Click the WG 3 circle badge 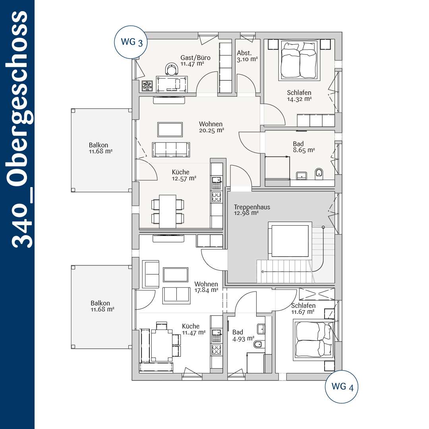[131, 42]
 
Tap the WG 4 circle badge [342, 386]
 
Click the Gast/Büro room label [195, 58]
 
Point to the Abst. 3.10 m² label [247, 56]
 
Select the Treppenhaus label [252, 207]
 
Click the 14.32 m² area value [300, 99]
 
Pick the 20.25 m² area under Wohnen [211, 131]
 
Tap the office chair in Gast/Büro [172, 69]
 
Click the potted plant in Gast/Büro [147, 86]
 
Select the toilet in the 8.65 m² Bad [319, 174]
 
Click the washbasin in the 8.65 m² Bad [301, 176]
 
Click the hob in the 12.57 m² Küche [216, 197]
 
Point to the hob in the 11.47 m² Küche [216, 350]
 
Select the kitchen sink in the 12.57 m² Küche [216, 183]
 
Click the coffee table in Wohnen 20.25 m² [170, 129]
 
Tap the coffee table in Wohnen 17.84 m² [176, 275]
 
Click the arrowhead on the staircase [263, 272]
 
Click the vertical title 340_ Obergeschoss [20, 129]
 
